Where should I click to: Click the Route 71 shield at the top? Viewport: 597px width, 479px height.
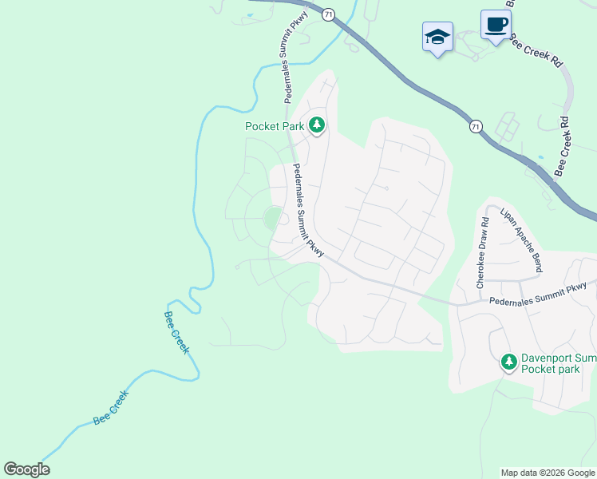(x=328, y=14)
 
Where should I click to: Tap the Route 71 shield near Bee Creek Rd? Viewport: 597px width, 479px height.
(x=476, y=127)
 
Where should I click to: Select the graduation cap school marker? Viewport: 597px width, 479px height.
(x=437, y=37)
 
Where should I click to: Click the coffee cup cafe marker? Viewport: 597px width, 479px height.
(x=495, y=24)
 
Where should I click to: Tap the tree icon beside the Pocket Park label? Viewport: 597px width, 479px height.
(x=318, y=125)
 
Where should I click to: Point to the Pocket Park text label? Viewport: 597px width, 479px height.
(x=274, y=126)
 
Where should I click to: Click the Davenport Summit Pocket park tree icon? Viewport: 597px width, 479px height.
(x=509, y=362)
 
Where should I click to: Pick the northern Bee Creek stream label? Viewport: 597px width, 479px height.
(x=176, y=331)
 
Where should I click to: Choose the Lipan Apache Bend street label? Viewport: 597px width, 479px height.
(x=520, y=240)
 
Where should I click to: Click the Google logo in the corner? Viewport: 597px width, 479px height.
(x=26, y=470)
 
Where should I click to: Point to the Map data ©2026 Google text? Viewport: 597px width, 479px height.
(x=547, y=473)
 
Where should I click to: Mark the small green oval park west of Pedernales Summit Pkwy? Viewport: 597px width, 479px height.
(x=273, y=216)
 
